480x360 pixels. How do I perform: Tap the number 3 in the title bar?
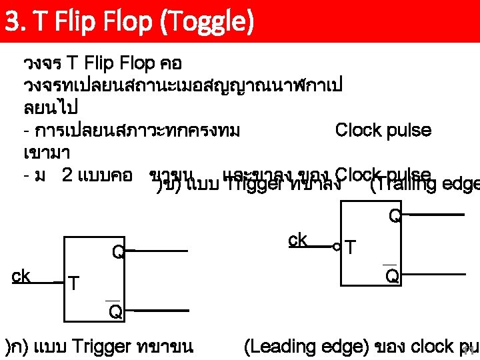pos(11,22)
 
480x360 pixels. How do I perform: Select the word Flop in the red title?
pos(113,22)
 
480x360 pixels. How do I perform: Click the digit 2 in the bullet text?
pos(67,175)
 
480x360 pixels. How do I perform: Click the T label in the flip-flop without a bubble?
pos(75,285)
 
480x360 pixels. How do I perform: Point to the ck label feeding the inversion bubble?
pos(298,239)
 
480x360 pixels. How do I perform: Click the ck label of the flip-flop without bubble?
pos(21,275)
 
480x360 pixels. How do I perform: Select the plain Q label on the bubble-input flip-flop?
pos(395,215)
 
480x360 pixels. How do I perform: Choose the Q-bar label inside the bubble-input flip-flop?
pos(393,275)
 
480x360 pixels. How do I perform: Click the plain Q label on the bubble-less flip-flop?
pos(117,252)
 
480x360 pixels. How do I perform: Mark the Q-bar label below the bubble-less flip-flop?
pos(115,311)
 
